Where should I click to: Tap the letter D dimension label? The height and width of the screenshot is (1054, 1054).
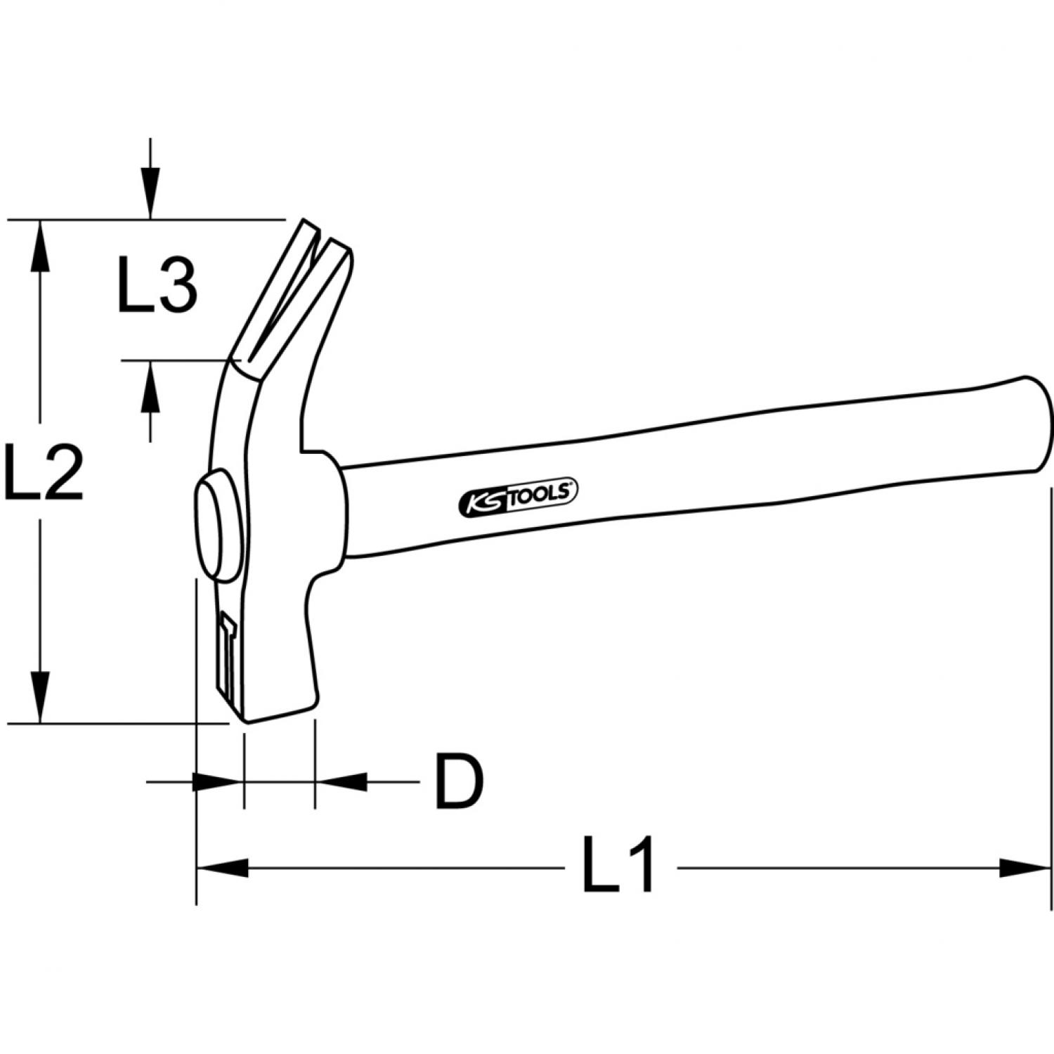pos(460,781)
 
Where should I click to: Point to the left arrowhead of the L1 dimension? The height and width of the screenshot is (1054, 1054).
pos(223,868)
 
